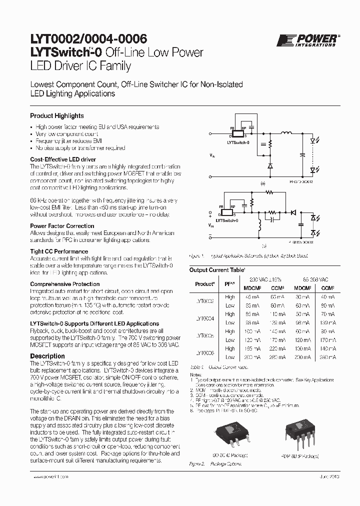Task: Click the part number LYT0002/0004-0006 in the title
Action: point(89,40)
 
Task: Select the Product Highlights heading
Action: point(57,115)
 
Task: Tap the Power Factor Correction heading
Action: point(62,226)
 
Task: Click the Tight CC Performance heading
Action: point(59,251)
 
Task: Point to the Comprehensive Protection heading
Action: point(65,284)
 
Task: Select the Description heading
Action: point(47,356)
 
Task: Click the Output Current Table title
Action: point(217,269)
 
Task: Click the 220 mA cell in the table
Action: point(276,348)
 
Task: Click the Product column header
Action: point(205,283)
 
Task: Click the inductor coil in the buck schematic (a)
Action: point(287,133)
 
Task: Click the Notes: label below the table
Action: point(195,374)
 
